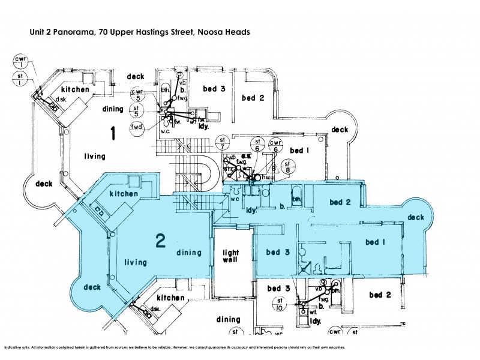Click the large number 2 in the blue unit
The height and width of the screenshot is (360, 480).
160,241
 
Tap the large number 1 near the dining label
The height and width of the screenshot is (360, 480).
112,133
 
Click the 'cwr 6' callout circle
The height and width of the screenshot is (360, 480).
275,146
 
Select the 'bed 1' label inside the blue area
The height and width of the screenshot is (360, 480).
376,242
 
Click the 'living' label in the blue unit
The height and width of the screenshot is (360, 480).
136,262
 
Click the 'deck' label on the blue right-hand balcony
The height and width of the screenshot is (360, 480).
416,217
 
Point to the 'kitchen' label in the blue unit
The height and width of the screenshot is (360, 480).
124,194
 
